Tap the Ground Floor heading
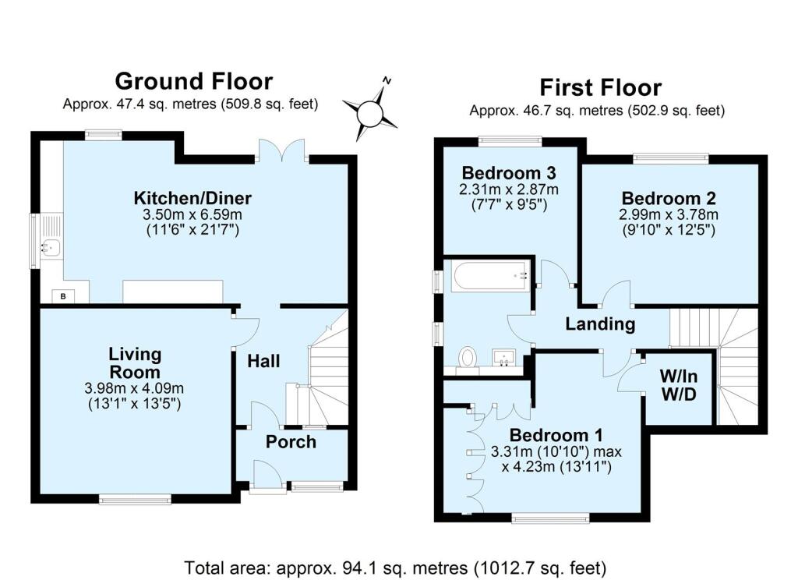coord(193,81)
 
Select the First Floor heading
coord(600,87)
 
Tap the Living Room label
coord(135,362)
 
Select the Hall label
coord(263,361)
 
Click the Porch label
coord(291,442)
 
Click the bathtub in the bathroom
coord(491,274)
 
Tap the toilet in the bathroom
coord(468,357)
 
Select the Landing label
coord(600,324)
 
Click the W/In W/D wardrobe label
coord(677,386)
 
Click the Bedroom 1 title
coord(556,434)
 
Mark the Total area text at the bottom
coord(394,567)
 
